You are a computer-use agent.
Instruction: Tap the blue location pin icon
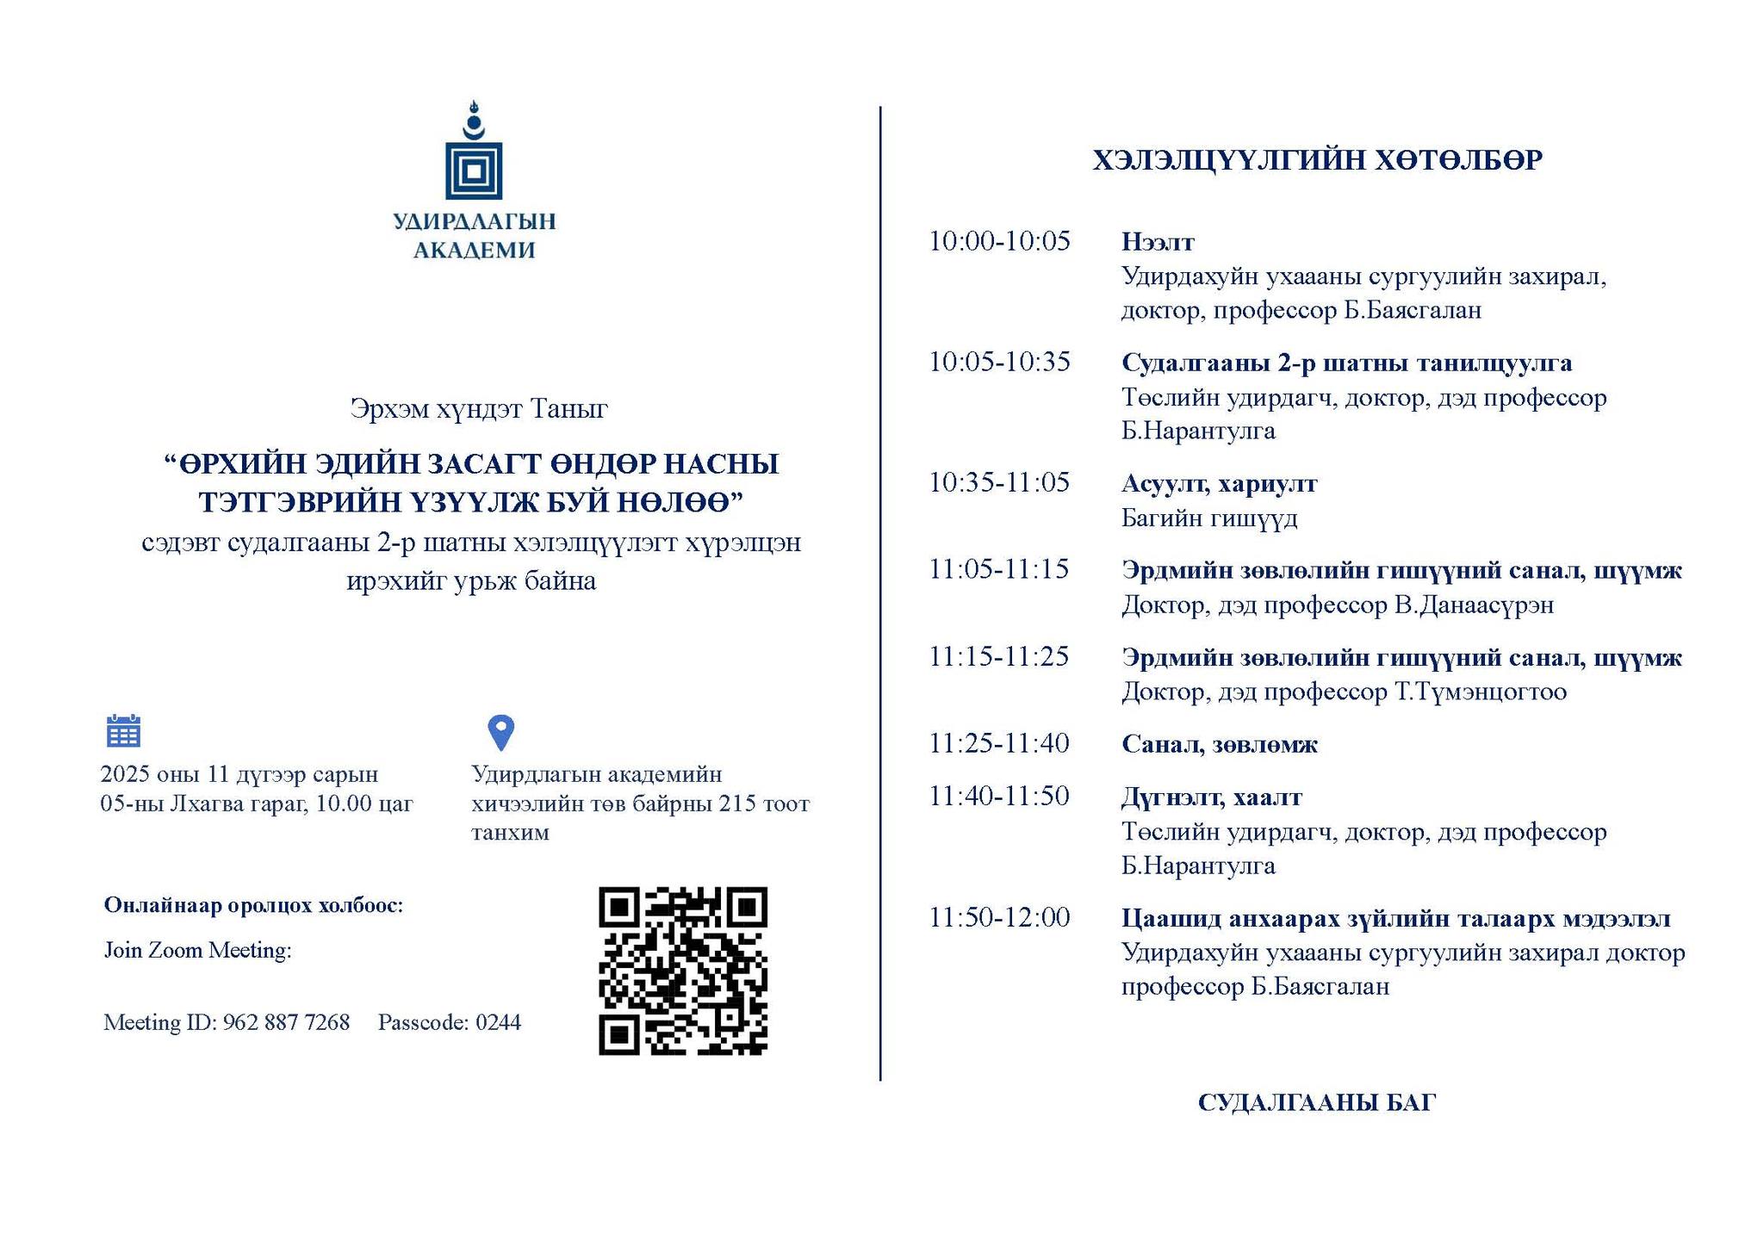[500, 732]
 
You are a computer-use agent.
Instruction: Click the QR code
[682, 971]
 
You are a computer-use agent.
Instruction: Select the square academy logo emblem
[473, 170]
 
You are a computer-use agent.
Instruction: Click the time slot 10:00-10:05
[999, 241]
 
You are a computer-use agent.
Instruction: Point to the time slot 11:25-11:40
[999, 743]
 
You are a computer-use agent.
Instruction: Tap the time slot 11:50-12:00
[999, 917]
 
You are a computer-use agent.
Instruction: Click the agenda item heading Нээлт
[1158, 242]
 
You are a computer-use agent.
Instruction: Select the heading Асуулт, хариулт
[1219, 483]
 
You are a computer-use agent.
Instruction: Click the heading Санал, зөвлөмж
[1219, 744]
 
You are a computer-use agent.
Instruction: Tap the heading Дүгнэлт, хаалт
[1211, 797]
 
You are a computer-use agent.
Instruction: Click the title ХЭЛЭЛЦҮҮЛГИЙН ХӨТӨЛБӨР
[1317, 160]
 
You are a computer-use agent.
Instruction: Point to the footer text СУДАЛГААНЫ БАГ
[1316, 1102]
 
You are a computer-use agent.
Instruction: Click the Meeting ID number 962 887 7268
[286, 1022]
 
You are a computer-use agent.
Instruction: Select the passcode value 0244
[498, 1022]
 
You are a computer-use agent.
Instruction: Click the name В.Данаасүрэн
[1474, 605]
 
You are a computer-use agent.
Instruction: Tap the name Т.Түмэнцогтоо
[1480, 692]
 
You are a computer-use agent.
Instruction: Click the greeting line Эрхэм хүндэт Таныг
[479, 408]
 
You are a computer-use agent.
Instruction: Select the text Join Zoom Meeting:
[198, 950]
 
